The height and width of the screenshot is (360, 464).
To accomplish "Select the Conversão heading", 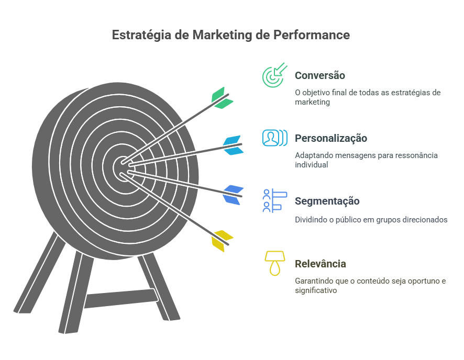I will tap(319, 75).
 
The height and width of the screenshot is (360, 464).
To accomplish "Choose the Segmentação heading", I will tap(327, 201).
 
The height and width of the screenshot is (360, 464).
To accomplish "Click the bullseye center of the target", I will tap(121, 168).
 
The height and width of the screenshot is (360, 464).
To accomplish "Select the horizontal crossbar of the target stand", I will tap(121, 299).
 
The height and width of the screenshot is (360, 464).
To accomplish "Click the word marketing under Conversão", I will tap(312, 103).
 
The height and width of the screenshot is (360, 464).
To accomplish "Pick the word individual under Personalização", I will tap(311, 165).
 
